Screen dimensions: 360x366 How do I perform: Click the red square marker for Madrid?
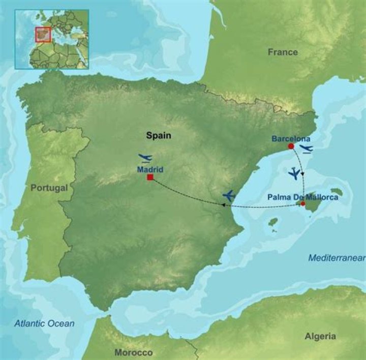coord(150,177)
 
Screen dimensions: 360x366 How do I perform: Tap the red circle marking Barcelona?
coord(291,146)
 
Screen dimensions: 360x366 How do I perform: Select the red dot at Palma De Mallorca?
coord(302,204)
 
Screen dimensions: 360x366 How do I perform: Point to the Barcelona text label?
coord(291,138)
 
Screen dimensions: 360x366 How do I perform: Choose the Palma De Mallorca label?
coord(303,196)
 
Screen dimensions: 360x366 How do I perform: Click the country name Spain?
coord(159,136)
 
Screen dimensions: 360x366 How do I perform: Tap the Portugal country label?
coord(49,188)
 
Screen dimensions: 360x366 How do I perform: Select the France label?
coord(283,52)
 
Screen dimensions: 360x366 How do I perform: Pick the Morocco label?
coord(134,352)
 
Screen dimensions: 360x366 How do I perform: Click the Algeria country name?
coord(320,336)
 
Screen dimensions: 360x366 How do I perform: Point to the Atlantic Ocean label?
coord(44,323)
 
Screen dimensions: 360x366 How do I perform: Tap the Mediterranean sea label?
coord(337,258)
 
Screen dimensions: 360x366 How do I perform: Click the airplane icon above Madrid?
coord(145,158)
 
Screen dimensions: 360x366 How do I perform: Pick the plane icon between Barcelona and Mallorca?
coord(294,174)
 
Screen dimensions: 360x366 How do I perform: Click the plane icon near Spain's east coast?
coord(229,195)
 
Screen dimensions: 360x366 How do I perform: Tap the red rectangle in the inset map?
coord(43,35)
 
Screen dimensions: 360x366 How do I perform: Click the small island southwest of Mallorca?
coord(273,222)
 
